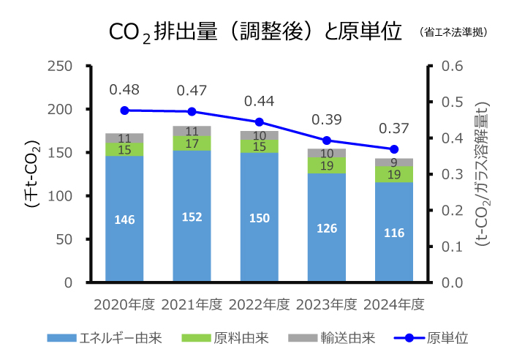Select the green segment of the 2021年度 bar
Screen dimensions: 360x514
(x=192, y=143)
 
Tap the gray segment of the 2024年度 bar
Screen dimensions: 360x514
(x=394, y=162)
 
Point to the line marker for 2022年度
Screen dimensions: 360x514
(x=259, y=122)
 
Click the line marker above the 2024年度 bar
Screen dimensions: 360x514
(x=394, y=149)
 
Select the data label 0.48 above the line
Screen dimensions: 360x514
(x=124, y=90)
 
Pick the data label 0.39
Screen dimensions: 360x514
(x=327, y=119)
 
